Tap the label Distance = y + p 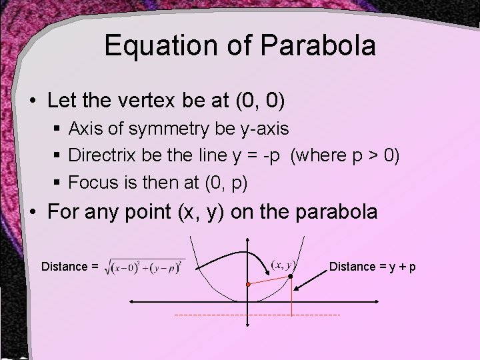373,267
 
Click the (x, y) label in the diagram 284,264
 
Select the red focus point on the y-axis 247,284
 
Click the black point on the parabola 291,275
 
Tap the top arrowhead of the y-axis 247,240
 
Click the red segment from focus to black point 269,280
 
